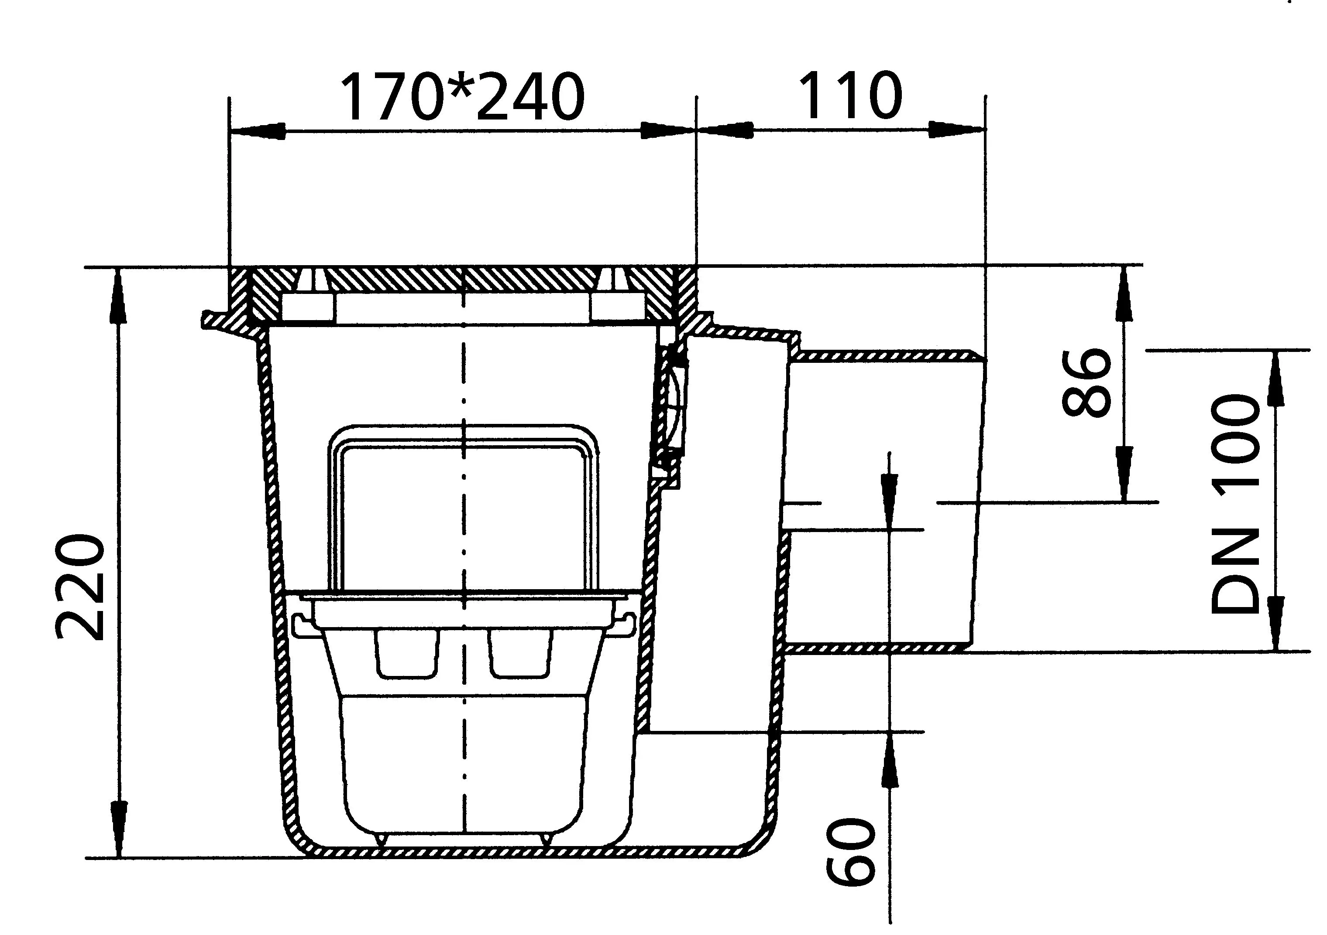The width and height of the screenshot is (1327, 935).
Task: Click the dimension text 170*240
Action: (x=462, y=96)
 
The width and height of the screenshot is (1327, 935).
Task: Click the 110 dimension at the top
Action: (x=849, y=96)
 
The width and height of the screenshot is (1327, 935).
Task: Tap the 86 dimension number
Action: (x=1086, y=382)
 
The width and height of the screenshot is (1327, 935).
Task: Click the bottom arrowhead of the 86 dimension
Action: (x=1124, y=474)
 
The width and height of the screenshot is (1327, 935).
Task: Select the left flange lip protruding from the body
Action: (x=217, y=319)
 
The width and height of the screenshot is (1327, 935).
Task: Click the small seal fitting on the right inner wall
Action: (x=671, y=404)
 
